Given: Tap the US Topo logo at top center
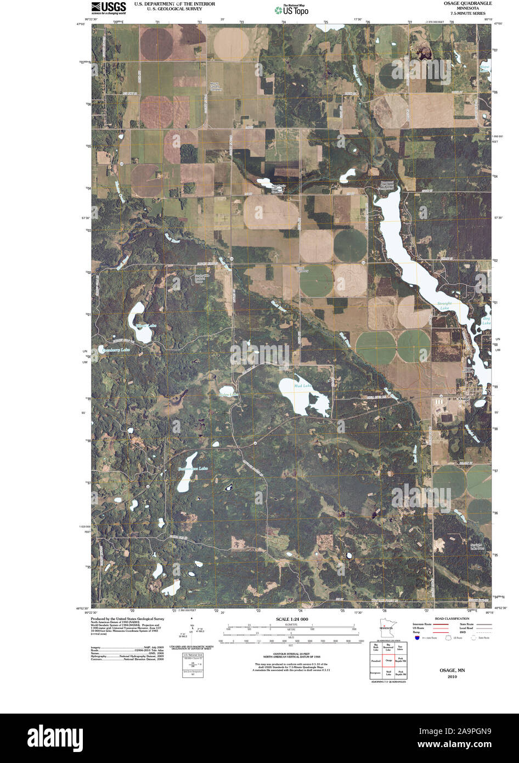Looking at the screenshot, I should (291, 9).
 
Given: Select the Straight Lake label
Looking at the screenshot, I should (444, 305).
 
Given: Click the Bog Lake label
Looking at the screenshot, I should (486, 321).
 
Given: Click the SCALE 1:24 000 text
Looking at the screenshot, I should (290, 619).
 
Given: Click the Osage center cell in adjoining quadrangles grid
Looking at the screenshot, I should (388, 660).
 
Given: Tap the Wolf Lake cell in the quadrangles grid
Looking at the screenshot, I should (388, 672).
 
